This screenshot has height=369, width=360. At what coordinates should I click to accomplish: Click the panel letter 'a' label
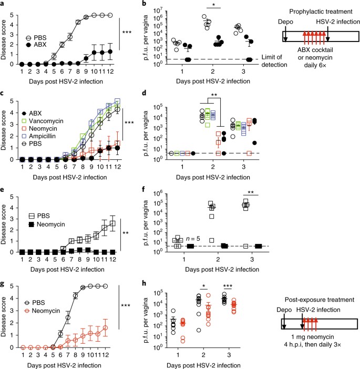point(3,4)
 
